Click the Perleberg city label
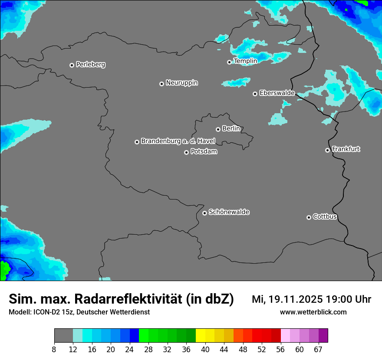(90, 65)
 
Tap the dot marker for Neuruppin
(161, 84)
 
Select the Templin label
(245, 61)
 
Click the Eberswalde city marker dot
(255, 94)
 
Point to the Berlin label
(231, 129)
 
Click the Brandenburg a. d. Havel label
(178, 141)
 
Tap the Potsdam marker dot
(186, 152)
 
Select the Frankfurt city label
(346, 149)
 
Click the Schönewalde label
(229, 212)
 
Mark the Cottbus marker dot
(309, 217)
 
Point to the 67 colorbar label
(318, 349)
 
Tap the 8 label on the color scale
(54, 349)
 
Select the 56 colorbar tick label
(280, 349)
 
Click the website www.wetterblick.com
(313, 312)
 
